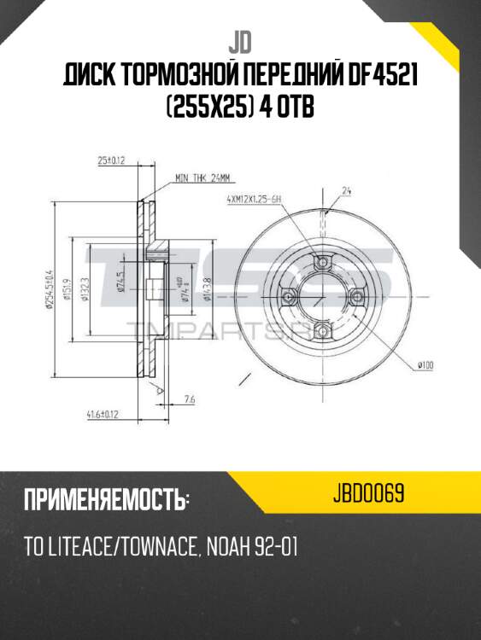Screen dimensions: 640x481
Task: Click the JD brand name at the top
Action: point(240,43)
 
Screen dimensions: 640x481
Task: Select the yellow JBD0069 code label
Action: point(369,494)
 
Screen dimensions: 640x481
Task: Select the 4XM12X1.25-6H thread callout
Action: point(255,199)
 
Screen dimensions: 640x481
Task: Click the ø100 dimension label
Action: point(425,366)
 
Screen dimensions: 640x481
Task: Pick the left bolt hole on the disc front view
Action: point(286,296)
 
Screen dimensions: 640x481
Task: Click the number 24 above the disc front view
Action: point(348,192)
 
